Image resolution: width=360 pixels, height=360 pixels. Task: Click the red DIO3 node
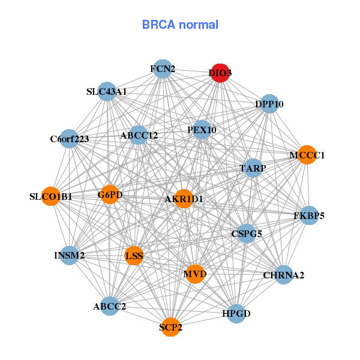pyautogui.click(x=220, y=73)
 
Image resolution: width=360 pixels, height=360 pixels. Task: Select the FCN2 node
pyautogui.click(x=163, y=69)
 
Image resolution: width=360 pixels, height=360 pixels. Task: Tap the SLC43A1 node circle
pyautogui.click(x=107, y=92)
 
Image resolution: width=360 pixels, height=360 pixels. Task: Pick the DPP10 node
pyautogui.click(x=269, y=104)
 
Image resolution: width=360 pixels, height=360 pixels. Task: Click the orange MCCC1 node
pyautogui.click(x=307, y=155)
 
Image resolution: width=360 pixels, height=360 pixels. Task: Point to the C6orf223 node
pyautogui.click(x=70, y=139)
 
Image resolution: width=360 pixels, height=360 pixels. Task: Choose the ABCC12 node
pyautogui.click(x=139, y=135)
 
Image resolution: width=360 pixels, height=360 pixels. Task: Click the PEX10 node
pyautogui.click(x=202, y=130)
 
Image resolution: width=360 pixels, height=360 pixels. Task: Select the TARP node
pyautogui.click(x=253, y=169)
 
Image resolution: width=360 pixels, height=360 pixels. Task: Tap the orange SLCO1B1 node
pyautogui.click(x=51, y=196)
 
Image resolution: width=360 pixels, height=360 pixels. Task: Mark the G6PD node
pyautogui.click(x=110, y=194)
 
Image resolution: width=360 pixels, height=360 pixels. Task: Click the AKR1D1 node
pyautogui.click(x=184, y=199)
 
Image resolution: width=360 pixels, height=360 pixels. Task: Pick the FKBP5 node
pyautogui.click(x=308, y=215)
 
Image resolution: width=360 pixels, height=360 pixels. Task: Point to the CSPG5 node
pyautogui.click(x=247, y=233)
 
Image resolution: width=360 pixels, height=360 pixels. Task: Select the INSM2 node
pyautogui.click(x=70, y=256)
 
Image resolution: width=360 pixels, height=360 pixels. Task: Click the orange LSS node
pyautogui.click(x=134, y=256)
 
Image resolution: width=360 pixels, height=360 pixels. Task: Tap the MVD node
pyautogui.click(x=195, y=274)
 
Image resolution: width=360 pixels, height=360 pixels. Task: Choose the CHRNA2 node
pyautogui.click(x=284, y=275)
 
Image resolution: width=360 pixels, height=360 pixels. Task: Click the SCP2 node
pyautogui.click(x=171, y=327)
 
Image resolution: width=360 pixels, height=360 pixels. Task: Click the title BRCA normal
pyautogui.click(x=180, y=25)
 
